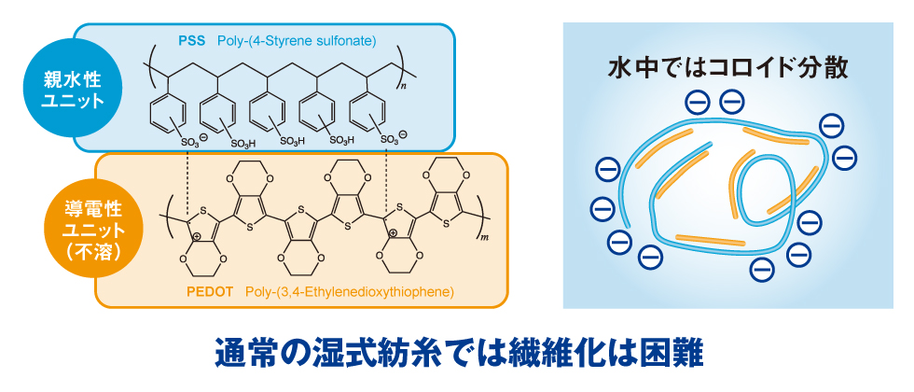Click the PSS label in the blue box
193,40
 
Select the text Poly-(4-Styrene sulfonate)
296,40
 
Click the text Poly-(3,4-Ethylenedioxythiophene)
349,292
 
